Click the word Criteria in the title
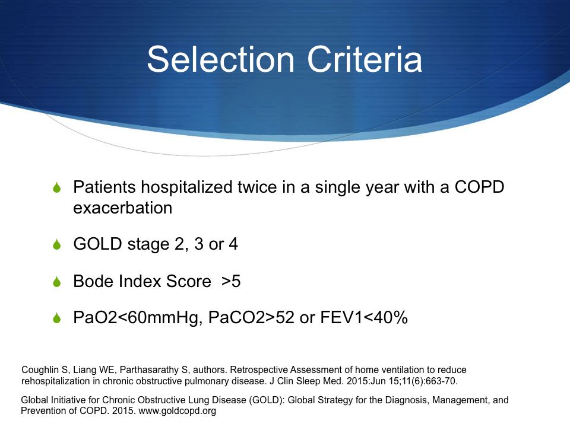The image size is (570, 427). pyautogui.click(x=365, y=59)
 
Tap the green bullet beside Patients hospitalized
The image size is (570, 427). pyautogui.click(x=57, y=187)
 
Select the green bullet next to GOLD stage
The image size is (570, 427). pyautogui.click(x=57, y=244)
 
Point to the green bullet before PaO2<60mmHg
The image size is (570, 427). pyautogui.click(x=57, y=318)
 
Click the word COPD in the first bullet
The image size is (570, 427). pyautogui.click(x=479, y=187)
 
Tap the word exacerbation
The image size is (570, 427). pyautogui.click(x=122, y=208)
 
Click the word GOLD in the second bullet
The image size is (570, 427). pyautogui.click(x=97, y=244)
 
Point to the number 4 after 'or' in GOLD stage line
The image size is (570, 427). pyautogui.click(x=233, y=244)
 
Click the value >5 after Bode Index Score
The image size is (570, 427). pyautogui.click(x=231, y=281)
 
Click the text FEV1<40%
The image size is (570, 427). pyautogui.click(x=364, y=317)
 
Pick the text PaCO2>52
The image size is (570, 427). pyautogui.click(x=251, y=317)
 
